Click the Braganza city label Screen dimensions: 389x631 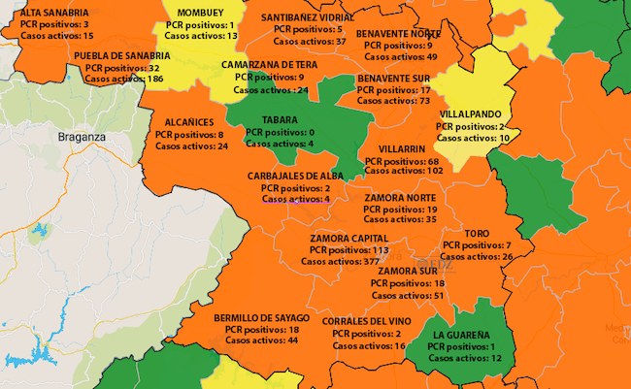pos(81,137)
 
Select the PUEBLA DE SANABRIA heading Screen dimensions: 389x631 pos(121,56)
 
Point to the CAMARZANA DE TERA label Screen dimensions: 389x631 pos(264,64)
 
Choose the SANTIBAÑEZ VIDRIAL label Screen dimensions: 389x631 pos(308,18)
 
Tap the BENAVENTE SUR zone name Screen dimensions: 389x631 pos(393,77)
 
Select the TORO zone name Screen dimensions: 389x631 pos(476,234)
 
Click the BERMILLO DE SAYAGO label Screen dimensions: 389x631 pos(261,317)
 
